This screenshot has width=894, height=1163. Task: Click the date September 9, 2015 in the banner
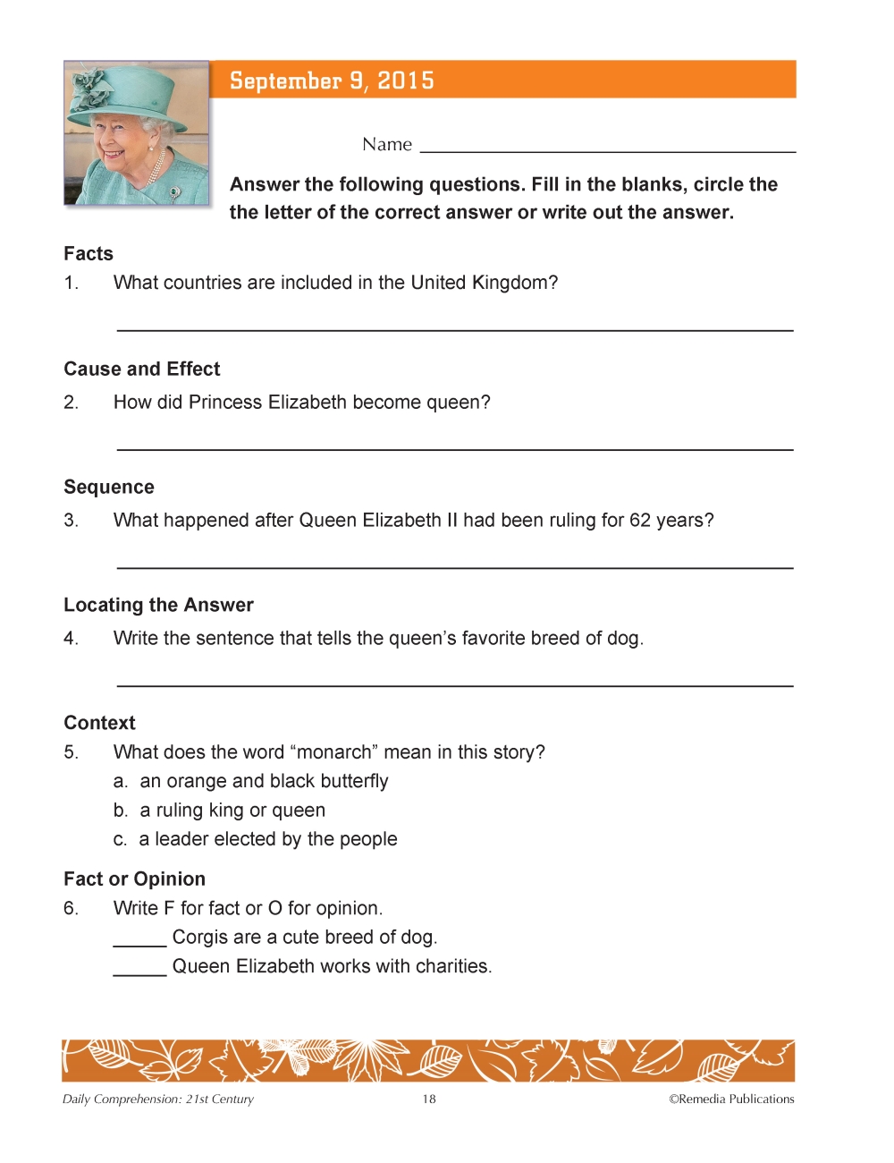click(x=332, y=81)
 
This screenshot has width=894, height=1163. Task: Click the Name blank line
click(x=607, y=150)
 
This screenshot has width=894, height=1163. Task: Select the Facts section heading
click(x=89, y=254)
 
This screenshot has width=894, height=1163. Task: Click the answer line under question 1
click(x=455, y=329)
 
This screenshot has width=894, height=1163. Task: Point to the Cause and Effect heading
click(x=141, y=369)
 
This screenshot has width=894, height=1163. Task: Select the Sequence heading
click(x=108, y=488)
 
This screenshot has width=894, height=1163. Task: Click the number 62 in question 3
click(x=640, y=521)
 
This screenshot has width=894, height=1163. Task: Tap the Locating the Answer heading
click(x=158, y=606)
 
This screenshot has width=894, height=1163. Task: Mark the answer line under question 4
click(x=455, y=684)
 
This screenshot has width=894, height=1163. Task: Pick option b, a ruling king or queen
click(x=220, y=811)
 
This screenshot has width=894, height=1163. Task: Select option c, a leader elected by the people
click(x=256, y=839)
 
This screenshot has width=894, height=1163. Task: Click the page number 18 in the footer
click(x=429, y=1099)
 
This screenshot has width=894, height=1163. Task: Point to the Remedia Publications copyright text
click(x=731, y=1099)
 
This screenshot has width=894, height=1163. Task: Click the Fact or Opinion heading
click(x=134, y=879)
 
